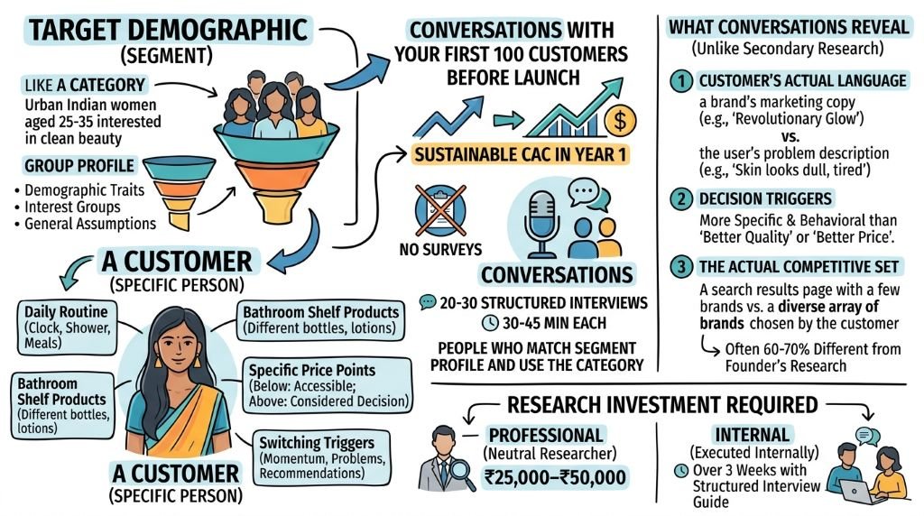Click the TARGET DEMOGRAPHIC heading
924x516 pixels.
[169, 30]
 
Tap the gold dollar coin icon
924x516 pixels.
[619, 120]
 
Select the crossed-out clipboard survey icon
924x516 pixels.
[439, 210]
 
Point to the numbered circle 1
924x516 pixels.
[681, 80]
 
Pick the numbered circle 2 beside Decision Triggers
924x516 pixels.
[681, 198]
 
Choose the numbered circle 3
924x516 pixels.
[681, 267]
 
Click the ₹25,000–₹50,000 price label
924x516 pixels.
[555, 477]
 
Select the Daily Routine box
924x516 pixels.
[67, 327]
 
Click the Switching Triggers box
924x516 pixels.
[322, 457]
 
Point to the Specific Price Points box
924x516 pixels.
[328, 386]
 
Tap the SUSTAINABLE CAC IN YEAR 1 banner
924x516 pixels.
[520, 155]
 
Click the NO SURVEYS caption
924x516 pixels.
[440, 250]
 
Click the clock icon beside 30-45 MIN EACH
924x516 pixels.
[490, 323]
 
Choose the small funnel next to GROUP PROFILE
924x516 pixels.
[180, 192]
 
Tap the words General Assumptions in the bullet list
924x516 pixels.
[90, 224]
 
